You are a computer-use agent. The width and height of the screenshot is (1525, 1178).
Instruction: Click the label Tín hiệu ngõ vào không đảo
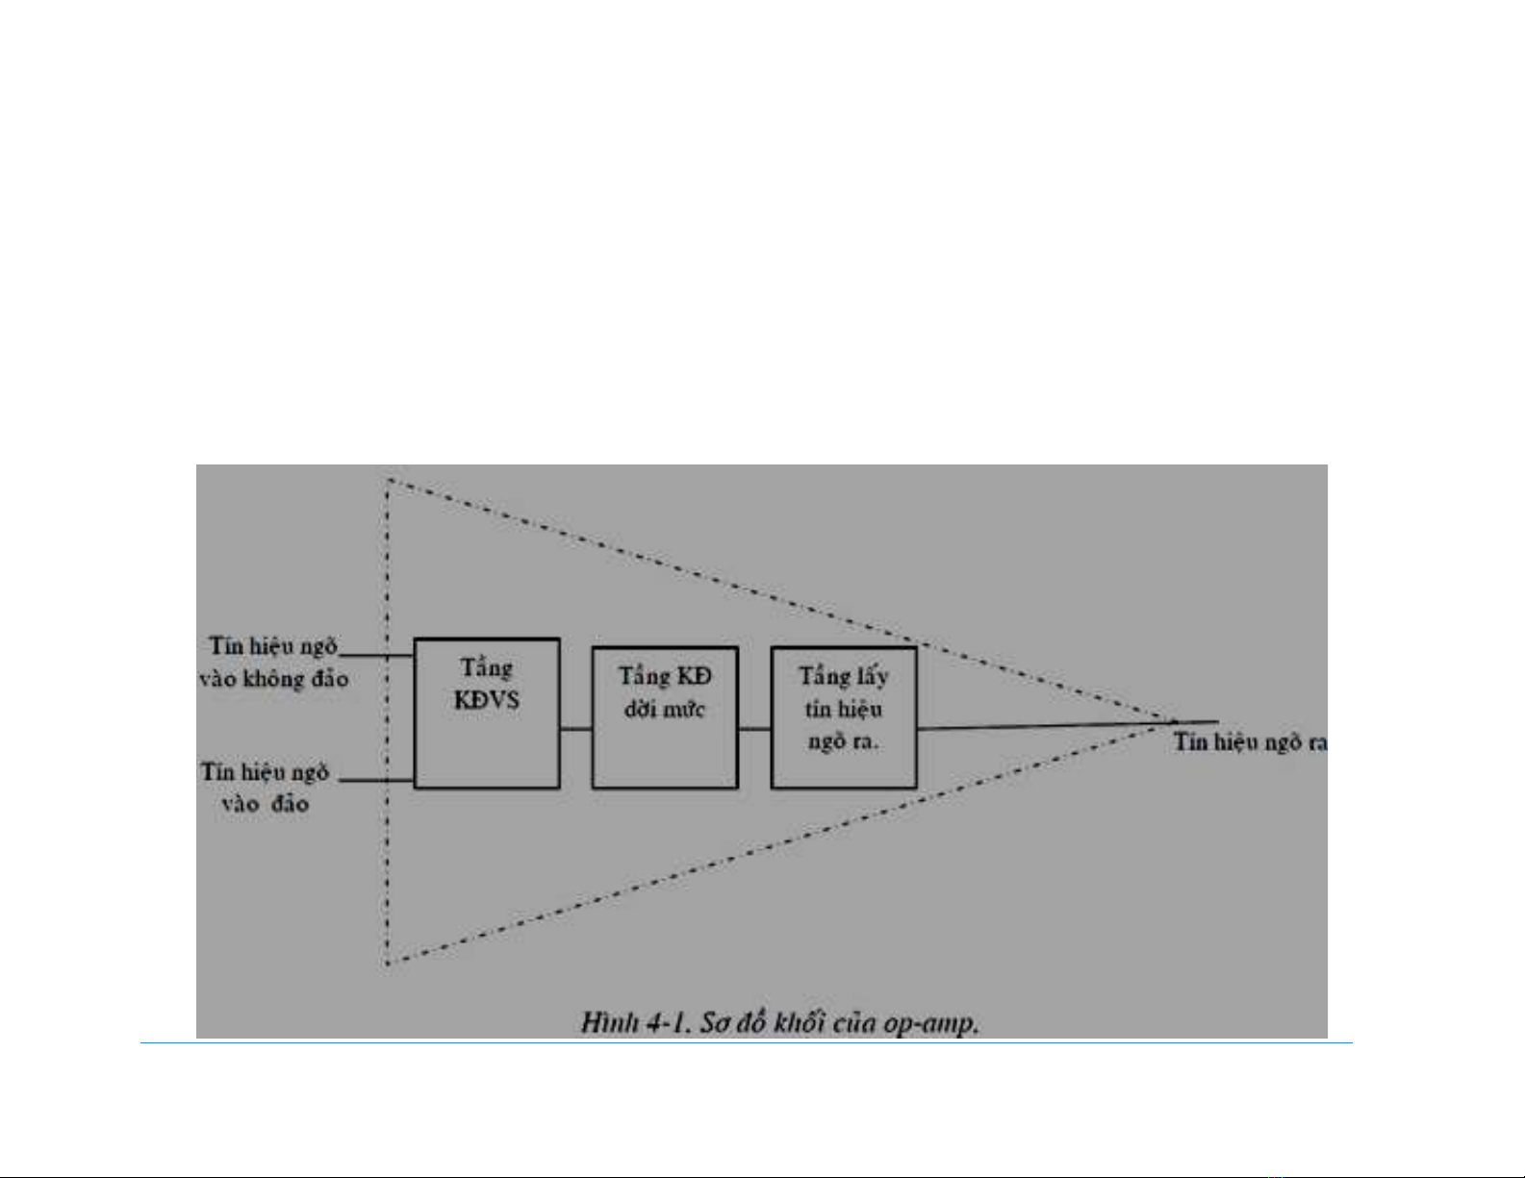coord(274,662)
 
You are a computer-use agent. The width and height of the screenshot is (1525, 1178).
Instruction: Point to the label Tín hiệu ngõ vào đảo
coord(266,788)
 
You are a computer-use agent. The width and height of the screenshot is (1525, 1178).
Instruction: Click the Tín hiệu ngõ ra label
coord(1250,741)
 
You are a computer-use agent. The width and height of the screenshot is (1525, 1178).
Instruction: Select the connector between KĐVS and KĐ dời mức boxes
coord(575,729)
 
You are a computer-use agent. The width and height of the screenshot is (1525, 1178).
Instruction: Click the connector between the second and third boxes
coord(754,729)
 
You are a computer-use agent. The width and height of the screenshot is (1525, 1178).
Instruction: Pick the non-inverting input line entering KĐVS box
coord(377,656)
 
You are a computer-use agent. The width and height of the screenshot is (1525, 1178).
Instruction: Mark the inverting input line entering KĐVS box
coord(377,780)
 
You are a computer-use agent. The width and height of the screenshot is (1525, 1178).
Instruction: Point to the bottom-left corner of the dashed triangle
coord(388,963)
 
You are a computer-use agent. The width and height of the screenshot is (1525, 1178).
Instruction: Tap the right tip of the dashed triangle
coord(1174,721)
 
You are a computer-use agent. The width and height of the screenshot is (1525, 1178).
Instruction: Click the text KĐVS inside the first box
coord(487,700)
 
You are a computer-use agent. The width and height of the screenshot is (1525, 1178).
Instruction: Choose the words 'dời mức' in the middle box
coord(664,710)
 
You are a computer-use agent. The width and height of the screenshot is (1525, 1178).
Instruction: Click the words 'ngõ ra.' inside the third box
coord(843,741)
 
